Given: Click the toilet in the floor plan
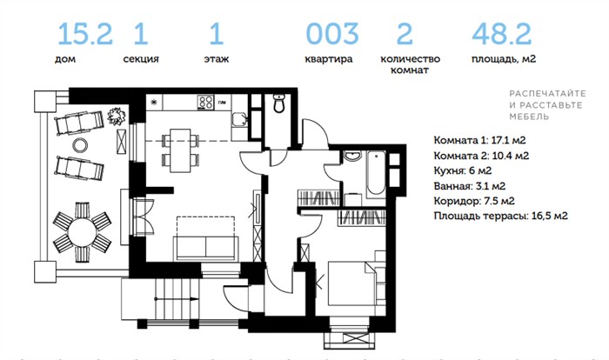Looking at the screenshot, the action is click(x=279, y=103).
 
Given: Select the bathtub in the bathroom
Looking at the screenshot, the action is click(x=376, y=173).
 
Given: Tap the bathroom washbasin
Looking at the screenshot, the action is click(x=352, y=157).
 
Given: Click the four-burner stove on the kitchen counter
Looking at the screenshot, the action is click(x=206, y=102).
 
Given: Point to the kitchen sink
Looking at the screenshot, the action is click(x=239, y=119).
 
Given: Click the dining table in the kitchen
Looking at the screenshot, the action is click(x=181, y=150).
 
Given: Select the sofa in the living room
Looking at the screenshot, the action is click(x=206, y=248).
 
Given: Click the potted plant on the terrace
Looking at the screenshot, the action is click(x=117, y=117).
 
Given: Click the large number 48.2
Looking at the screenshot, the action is click(x=501, y=34).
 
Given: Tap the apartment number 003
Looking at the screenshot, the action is click(x=332, y=34).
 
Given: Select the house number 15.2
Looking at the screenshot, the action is click(x=85, y=34).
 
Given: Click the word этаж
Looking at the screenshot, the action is click(x=217, y=59).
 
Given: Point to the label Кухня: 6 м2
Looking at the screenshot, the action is click(x=463, y=171).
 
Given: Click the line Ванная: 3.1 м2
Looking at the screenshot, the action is click(x=470, y=186).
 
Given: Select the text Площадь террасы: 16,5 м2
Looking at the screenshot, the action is click(x=500, y=216).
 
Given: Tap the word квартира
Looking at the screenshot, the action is click(x=329, y=59).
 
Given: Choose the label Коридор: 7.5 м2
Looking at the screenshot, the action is click(x=474, y=201).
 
